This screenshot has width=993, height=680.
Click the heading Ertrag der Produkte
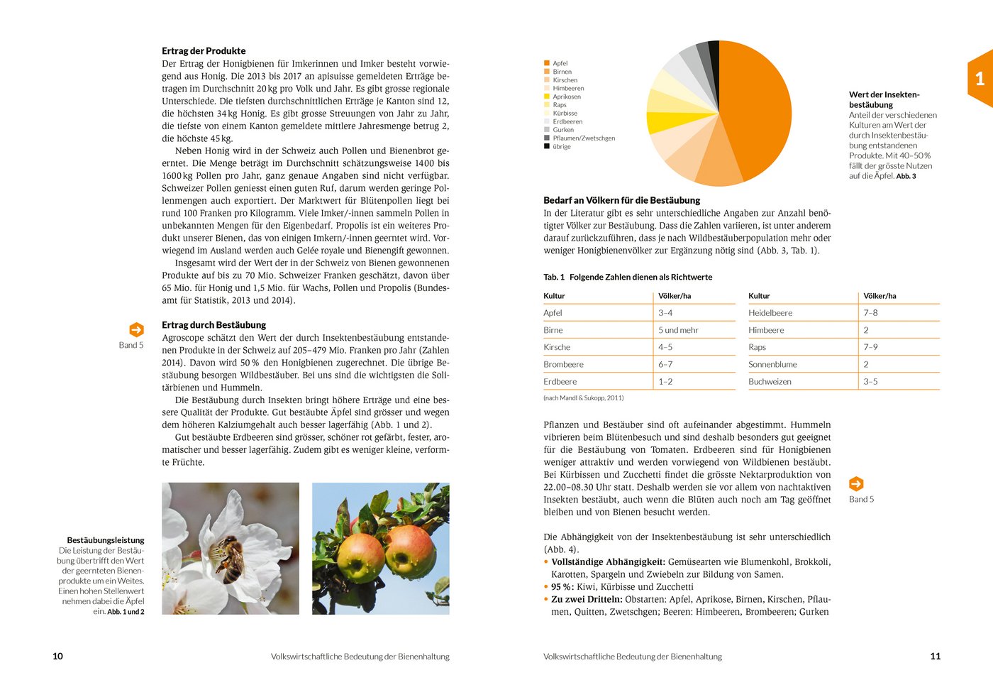click(204, 51)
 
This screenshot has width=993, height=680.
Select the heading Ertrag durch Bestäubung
click(213, 325)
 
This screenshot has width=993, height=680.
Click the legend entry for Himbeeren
click(567, 89)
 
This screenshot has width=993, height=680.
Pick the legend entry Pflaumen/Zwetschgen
click(583, 138)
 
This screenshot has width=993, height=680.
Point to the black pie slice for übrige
click(714, 53)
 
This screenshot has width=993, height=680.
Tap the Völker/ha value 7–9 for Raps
click(870, 347)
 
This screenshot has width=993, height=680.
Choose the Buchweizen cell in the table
click(770, 382)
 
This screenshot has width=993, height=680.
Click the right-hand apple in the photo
click(409, 552)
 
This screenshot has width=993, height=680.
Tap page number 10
click(58, 657)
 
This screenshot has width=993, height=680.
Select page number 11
click(935, 657)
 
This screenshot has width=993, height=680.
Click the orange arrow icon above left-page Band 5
click(136, 330)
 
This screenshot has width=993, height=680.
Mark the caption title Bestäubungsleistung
click(106, 540)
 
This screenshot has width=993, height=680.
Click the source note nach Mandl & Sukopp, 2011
click(583, 398)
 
